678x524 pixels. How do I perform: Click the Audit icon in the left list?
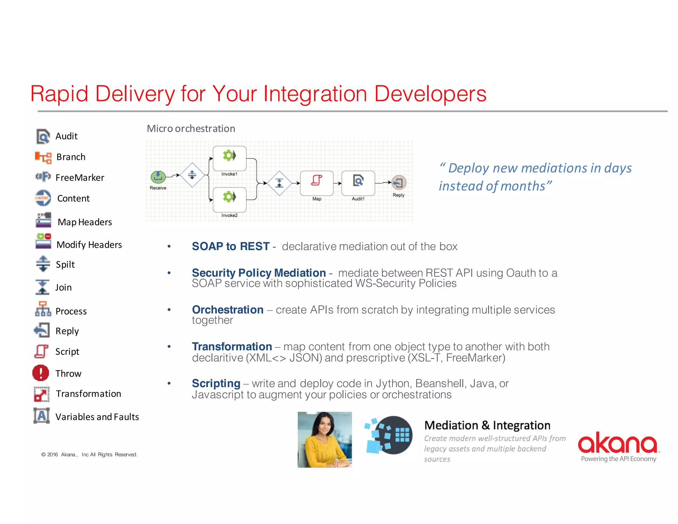click(x=43, y=136)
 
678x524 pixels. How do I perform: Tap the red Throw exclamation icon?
click(x=41, y=373)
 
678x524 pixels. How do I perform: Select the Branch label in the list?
click(x=71, y=157)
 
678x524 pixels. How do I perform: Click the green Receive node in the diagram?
click(x=158, y=177)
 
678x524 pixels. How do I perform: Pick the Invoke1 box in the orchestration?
click(x=229, y=158)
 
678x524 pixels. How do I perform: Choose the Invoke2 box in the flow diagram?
click(x=229, y=199)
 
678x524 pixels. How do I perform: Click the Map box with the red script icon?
click(x=316, y=183)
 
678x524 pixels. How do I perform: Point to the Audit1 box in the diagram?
click(x=358, y=183)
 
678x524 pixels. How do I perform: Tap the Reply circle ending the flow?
click(x=399, y=183)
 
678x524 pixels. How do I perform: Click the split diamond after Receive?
click(x=192, y=175)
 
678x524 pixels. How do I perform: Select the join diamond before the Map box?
click(x=279, y=183)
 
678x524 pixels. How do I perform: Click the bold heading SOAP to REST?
click(x=231, y=246)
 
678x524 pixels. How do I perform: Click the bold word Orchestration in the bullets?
click(x=228, y=310)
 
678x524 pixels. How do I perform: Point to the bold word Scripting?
click(x=216, y=383)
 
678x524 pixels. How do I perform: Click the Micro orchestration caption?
click(x=191, y=129)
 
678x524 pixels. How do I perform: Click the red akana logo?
click(x=618, y=443)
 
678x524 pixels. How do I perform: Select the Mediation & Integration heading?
click(x=487, y=425)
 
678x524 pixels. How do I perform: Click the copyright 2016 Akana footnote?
click(x=89, y=454)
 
